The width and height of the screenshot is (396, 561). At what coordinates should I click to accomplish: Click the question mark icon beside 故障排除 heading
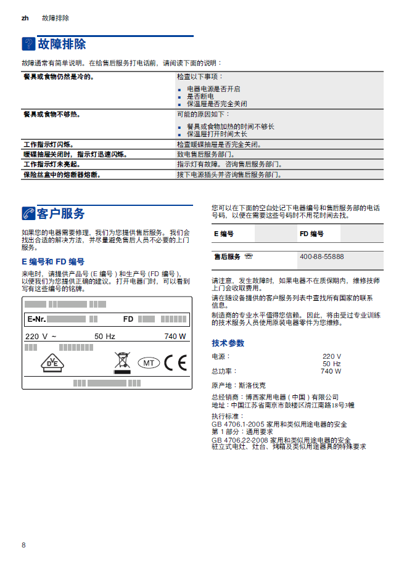point(28,44)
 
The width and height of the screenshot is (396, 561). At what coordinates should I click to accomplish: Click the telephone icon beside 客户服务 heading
point(28,214)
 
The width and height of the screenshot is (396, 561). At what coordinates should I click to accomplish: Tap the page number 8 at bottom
point(23,545)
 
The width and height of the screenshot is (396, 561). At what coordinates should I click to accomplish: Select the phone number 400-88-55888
point(321,256)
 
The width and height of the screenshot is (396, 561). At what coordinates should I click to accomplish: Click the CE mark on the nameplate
point(175,362)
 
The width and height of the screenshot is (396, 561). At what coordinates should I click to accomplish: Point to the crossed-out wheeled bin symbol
point(122,362)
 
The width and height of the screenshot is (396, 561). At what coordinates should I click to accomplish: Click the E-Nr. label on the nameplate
point(36,319)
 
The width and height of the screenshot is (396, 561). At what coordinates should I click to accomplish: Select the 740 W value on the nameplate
point(175,337)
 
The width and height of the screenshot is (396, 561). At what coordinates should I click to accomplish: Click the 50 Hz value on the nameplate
point(104,337)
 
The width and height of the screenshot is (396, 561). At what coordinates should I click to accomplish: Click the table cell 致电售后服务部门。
point(205,154)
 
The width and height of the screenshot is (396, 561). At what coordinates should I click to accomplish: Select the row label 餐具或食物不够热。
point(52,114)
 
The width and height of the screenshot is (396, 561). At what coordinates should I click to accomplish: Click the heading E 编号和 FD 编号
point(53,262)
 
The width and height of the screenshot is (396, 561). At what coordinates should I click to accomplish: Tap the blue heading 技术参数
point(228,343)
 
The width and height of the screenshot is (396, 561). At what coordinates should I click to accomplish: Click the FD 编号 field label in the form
point(311,234)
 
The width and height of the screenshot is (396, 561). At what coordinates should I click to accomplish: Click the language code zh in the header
point(25,18)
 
